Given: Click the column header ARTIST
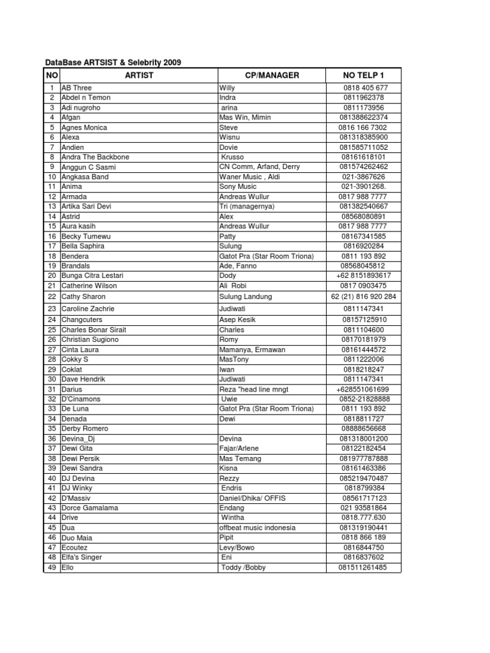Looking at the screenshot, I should coord(139,75).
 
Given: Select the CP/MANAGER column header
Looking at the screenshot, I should coord(272,75).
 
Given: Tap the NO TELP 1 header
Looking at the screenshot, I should coord(363,75).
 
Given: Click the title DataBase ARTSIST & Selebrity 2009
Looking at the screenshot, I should coord(113,62).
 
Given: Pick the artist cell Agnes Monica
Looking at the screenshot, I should coord(84,127).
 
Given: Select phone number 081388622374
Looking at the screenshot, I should coord(363,117).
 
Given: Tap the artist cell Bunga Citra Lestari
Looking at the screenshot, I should coord(93,275).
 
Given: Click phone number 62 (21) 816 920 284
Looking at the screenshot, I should coord(363,297).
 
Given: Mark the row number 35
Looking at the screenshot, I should coord(52,429).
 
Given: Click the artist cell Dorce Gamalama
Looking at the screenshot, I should coord(90,508).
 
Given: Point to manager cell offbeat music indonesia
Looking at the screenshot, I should coord(257,527).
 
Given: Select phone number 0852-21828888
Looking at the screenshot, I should coord(363,399).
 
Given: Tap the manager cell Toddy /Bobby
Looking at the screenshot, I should coord(243,568).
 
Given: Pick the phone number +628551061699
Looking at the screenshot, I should coord(363,389).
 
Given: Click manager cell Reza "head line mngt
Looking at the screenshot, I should coord(254,389).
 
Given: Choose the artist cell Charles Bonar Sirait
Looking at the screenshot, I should coord(94,330).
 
